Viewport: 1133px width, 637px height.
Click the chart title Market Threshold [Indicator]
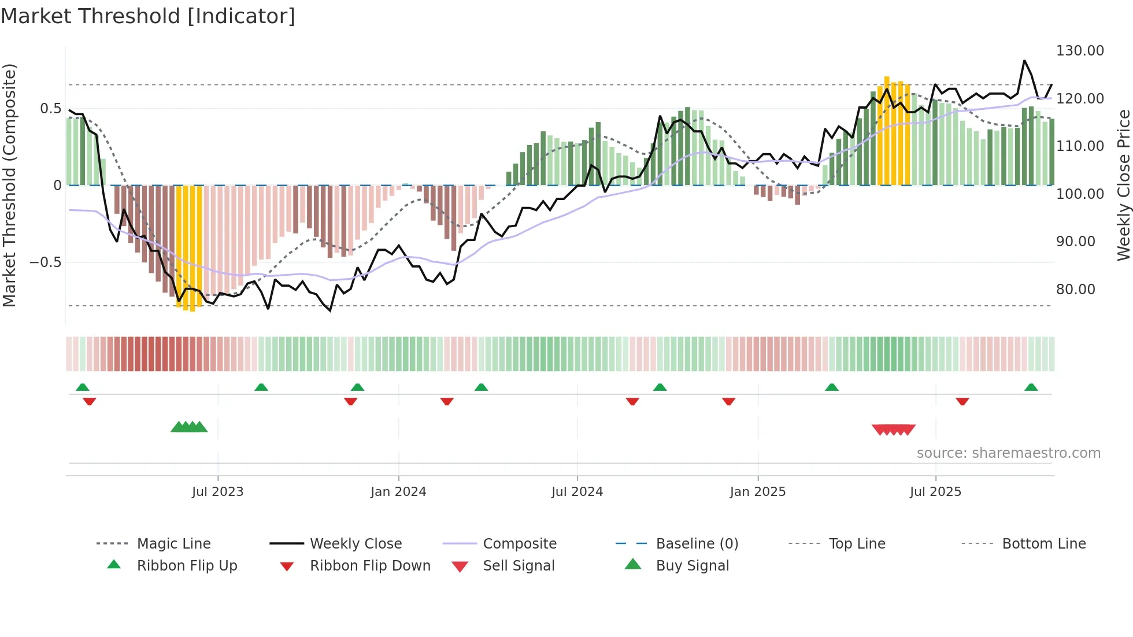tap(148, 16)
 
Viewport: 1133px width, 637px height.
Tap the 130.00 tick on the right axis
tap(1080, 51)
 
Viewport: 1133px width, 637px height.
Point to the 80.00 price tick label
tap(1075, 290)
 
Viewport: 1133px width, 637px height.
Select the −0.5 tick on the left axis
tap(45, 262)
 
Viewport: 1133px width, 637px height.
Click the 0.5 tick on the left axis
tap(50, 109)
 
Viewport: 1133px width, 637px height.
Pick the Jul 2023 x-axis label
tap(217, 492)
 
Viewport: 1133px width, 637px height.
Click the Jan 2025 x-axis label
tap(757, 492)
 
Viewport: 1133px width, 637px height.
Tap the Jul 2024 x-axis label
tap(577, 492)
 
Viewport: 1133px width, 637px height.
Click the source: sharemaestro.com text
tap(1008, 453)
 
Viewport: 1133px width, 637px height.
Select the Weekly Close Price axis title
tap(1123, 185)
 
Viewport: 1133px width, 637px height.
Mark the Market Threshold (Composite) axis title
tap(9, 185)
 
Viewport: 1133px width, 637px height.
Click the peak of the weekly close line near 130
tap(1024, 61)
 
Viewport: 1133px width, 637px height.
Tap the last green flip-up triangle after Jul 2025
tap(1031, 387)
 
